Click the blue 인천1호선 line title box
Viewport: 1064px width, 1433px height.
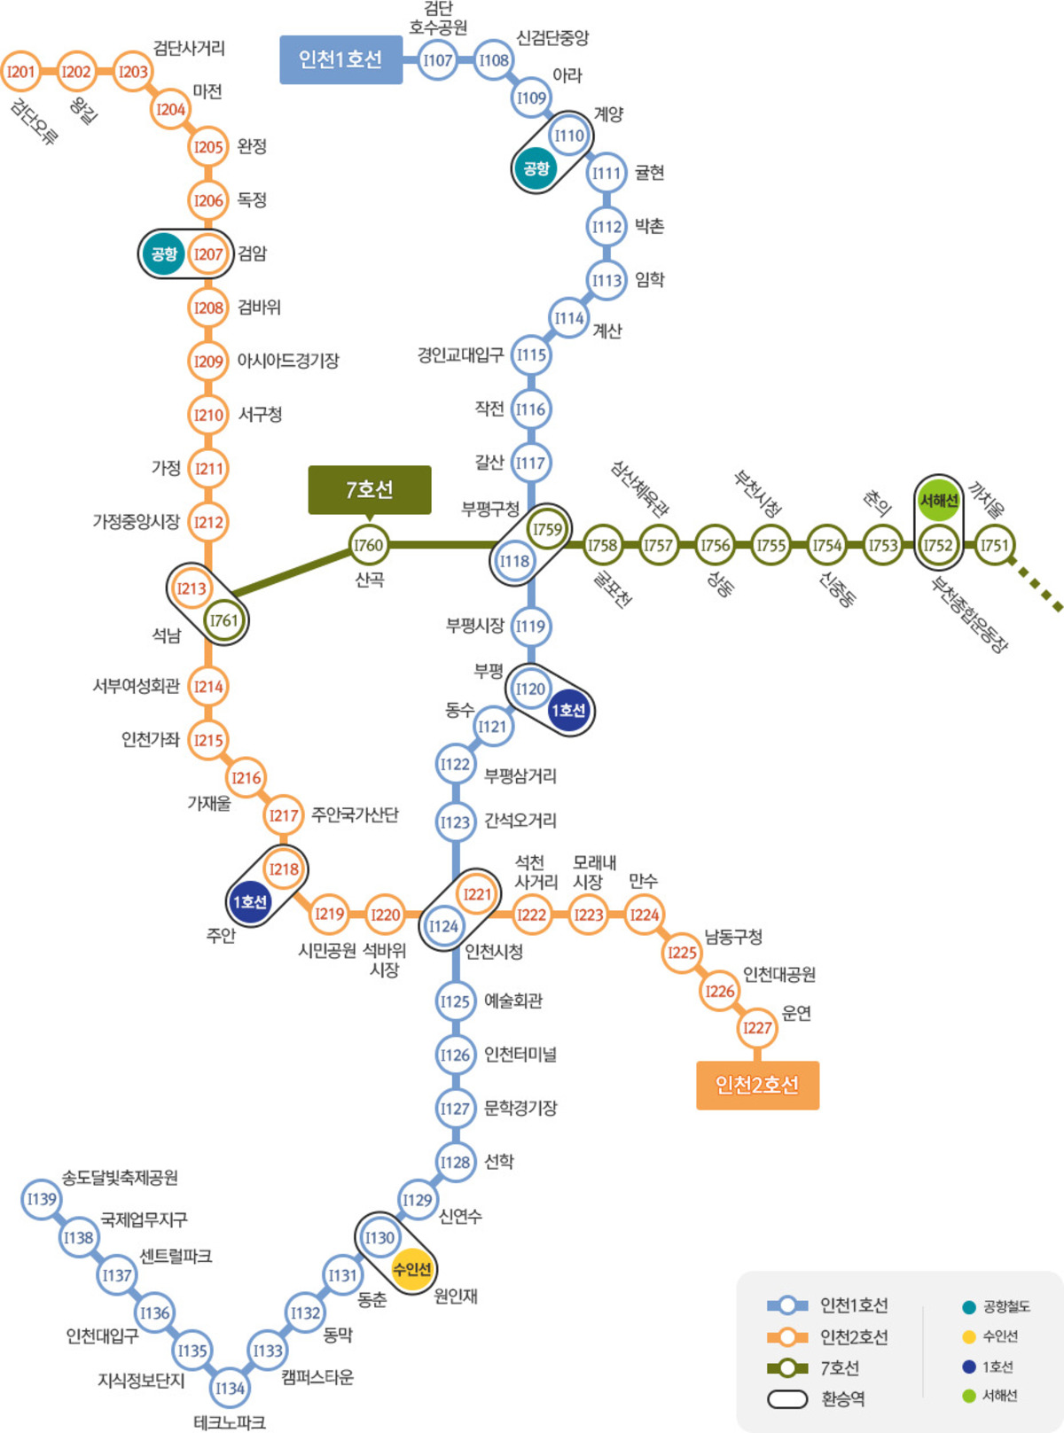click(340, 59)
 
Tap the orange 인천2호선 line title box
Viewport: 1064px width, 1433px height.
click(757, 1085)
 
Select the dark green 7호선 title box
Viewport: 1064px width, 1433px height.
click(370, 489)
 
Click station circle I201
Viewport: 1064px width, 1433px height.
click(20, 72)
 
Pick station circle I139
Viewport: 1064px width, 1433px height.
click(41, 1199)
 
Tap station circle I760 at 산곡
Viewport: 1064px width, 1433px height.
click(368, 545)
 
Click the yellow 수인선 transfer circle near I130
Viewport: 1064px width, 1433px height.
click(412, 1269)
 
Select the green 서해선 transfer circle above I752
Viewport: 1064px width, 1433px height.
click(938, 501)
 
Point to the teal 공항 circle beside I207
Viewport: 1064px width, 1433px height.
click(164, 254)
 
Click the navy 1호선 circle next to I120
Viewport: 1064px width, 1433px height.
click(568, 710)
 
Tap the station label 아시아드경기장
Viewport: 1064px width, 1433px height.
click(288, 361)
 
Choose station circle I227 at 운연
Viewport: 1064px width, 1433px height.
click(756, 1028)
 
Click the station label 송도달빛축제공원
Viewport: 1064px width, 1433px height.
click(120, 1178)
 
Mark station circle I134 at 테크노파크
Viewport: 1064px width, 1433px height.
click(230, 1388)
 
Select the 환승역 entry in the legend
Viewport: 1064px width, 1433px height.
click(842, 1398)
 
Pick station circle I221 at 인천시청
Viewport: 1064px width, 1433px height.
click(477, 894)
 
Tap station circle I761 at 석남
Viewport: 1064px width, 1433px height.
click(223, 620)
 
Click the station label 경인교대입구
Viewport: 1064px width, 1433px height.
click(460, 355)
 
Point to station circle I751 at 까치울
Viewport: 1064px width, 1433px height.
click(994, 545)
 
